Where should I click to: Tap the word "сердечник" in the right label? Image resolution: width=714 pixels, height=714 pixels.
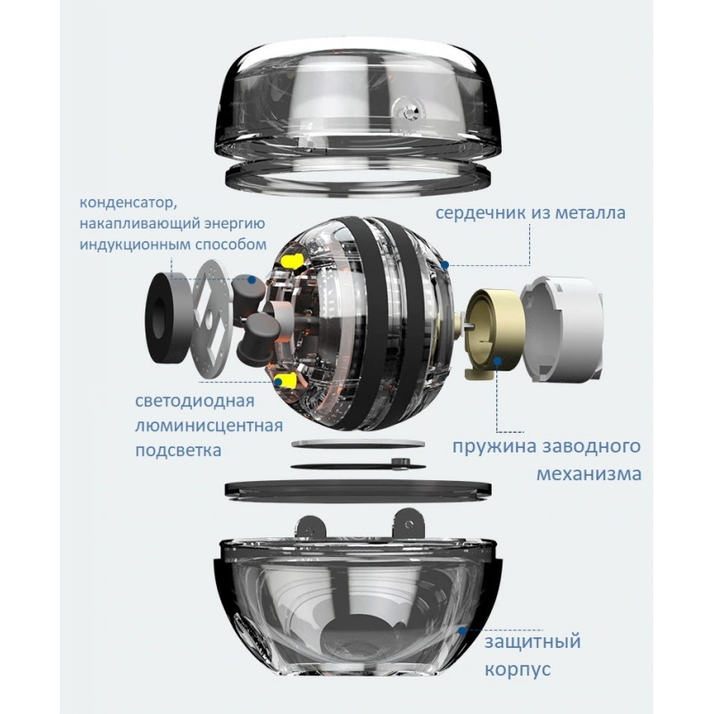click(x=481, y=213)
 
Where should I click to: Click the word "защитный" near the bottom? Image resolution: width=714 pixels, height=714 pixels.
click(x=532, y=643)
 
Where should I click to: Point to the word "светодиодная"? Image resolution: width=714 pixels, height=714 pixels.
click(x=195, y=401)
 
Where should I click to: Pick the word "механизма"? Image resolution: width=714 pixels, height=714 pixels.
click(x=589, y=474)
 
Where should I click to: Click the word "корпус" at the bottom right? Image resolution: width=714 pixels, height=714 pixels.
click(x=518, y=670)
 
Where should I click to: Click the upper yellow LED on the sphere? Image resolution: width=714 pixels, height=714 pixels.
click(x=293, y=261)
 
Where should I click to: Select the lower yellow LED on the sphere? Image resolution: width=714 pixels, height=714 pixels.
click(x=286, y=380)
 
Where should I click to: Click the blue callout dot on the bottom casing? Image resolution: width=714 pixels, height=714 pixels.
click(x=461, y=631)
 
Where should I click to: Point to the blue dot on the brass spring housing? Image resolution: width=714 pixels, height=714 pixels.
click(x=498, y=361)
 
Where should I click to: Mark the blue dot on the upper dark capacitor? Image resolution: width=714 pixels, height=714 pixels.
click(x=251, y=279)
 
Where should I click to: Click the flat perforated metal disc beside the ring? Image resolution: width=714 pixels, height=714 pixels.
click(x=212, y=319)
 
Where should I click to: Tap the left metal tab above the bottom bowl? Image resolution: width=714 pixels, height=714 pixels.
click(x=311, y=529)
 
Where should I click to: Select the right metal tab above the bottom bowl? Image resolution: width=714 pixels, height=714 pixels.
click(x=409, y=524)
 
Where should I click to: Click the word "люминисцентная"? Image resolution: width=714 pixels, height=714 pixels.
click(x=209, y=427)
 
